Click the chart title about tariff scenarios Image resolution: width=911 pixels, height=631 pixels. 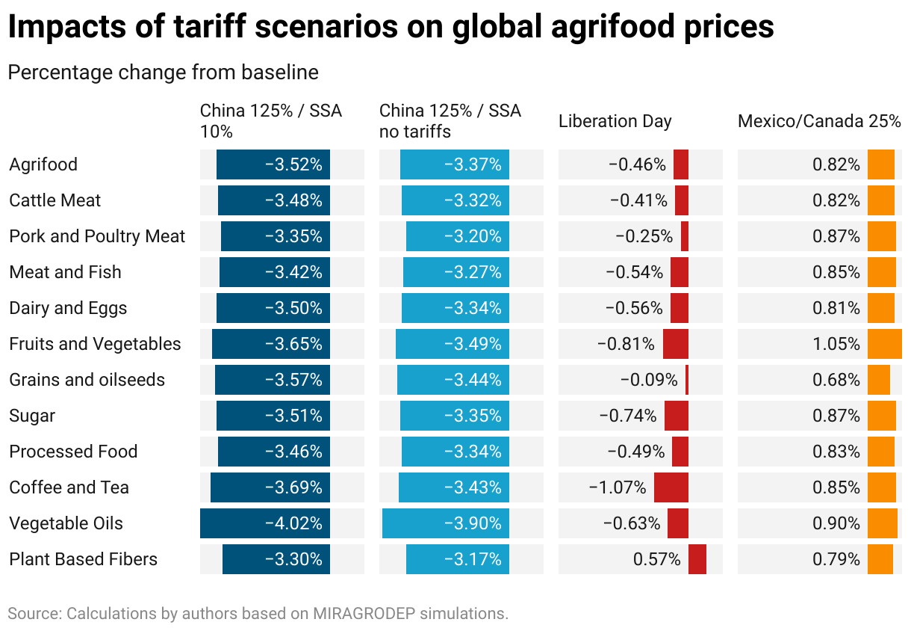[391, 28]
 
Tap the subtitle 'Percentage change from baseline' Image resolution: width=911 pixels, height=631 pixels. [163, 73]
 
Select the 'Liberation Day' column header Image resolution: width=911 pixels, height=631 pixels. [615, 121]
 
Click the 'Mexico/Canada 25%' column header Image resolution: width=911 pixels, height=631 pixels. [819, 121]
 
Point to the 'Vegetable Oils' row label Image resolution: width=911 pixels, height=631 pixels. [66, 523]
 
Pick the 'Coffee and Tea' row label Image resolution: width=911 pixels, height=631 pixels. [69, 487]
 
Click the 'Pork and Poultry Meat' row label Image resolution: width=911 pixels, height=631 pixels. [97, 236]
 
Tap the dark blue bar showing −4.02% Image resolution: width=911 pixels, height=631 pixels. [264, 523]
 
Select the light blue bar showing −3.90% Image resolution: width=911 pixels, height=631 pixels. [445, 523]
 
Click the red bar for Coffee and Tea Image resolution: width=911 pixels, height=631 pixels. [671, 487]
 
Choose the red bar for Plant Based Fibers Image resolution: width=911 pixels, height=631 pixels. [697, 559]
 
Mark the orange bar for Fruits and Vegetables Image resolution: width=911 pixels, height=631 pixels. [884, 344]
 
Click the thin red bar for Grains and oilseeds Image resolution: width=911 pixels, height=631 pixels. [686, 380]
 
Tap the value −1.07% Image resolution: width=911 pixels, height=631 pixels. [618, 487]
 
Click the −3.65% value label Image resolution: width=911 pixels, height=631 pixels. [293, 344]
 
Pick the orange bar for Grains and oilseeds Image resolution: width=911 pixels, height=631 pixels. [878, 380]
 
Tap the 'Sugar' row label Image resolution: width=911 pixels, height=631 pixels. [32, 416]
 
